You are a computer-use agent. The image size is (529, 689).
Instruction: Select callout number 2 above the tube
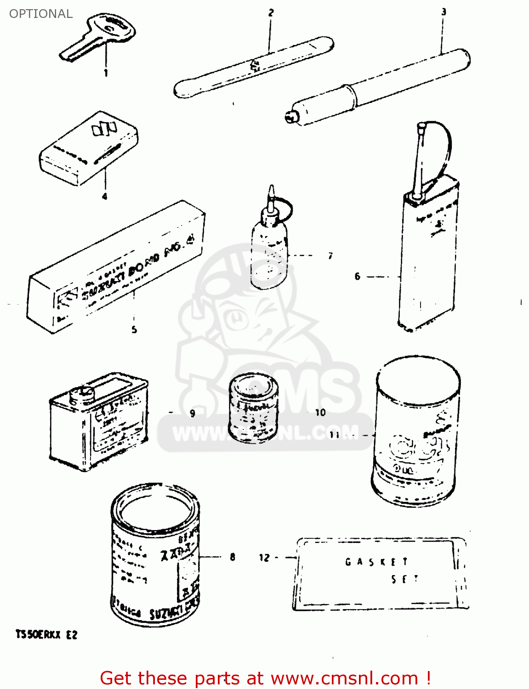(x=271, y=12)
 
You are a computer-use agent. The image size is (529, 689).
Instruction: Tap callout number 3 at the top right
(x=444, y=11)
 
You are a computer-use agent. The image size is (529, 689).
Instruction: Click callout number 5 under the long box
(x=134, y=329)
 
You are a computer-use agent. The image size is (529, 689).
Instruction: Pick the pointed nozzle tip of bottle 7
(x=272, y=191)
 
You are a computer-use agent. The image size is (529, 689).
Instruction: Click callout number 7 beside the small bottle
(x=330, y=256)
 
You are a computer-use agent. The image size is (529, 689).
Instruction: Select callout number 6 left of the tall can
(x=357, y=277)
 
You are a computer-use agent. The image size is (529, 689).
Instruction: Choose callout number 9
(x=193, y=413)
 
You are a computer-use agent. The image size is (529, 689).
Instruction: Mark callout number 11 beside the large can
(x=334, y=434)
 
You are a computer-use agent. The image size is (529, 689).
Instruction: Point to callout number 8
(x=233, y=557)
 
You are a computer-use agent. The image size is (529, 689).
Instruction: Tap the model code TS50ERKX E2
(x=46, y=635)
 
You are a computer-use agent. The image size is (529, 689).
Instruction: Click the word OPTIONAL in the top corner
(x=41, y=14)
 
